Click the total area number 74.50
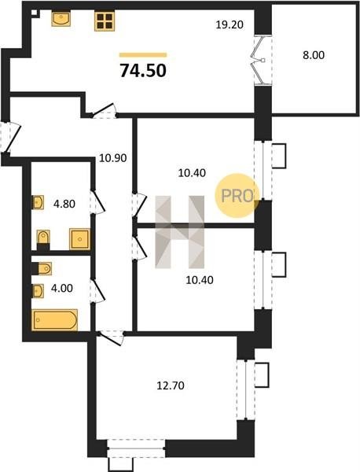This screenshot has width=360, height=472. (x=143, y=71)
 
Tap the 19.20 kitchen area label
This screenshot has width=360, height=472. (x=230, y=24)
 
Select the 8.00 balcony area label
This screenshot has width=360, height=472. (x=314, y=55)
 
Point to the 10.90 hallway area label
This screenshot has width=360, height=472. (x=113, y=158)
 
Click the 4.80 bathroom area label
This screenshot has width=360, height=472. (x=64, y=204)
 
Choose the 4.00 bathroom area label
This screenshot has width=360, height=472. (x=62, y=289)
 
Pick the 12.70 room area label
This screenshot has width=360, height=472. (x=171, y=385)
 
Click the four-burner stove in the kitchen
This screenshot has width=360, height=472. (x=105, y=21)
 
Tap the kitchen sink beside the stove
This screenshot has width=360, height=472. (x=61, y=19)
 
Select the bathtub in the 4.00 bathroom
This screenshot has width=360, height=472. (x=55, y=319)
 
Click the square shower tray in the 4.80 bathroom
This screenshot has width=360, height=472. (x=79, y=239)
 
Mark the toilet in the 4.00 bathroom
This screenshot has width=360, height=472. (x=42, y=268)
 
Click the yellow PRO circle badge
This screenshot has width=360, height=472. (x=237, y=196)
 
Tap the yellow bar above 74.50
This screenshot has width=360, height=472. (x=143, y=55)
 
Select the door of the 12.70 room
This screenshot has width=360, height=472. (x=111, y=337)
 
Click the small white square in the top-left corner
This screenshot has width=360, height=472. (x=35, y=13)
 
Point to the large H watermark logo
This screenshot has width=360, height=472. (x=179, y=232)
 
